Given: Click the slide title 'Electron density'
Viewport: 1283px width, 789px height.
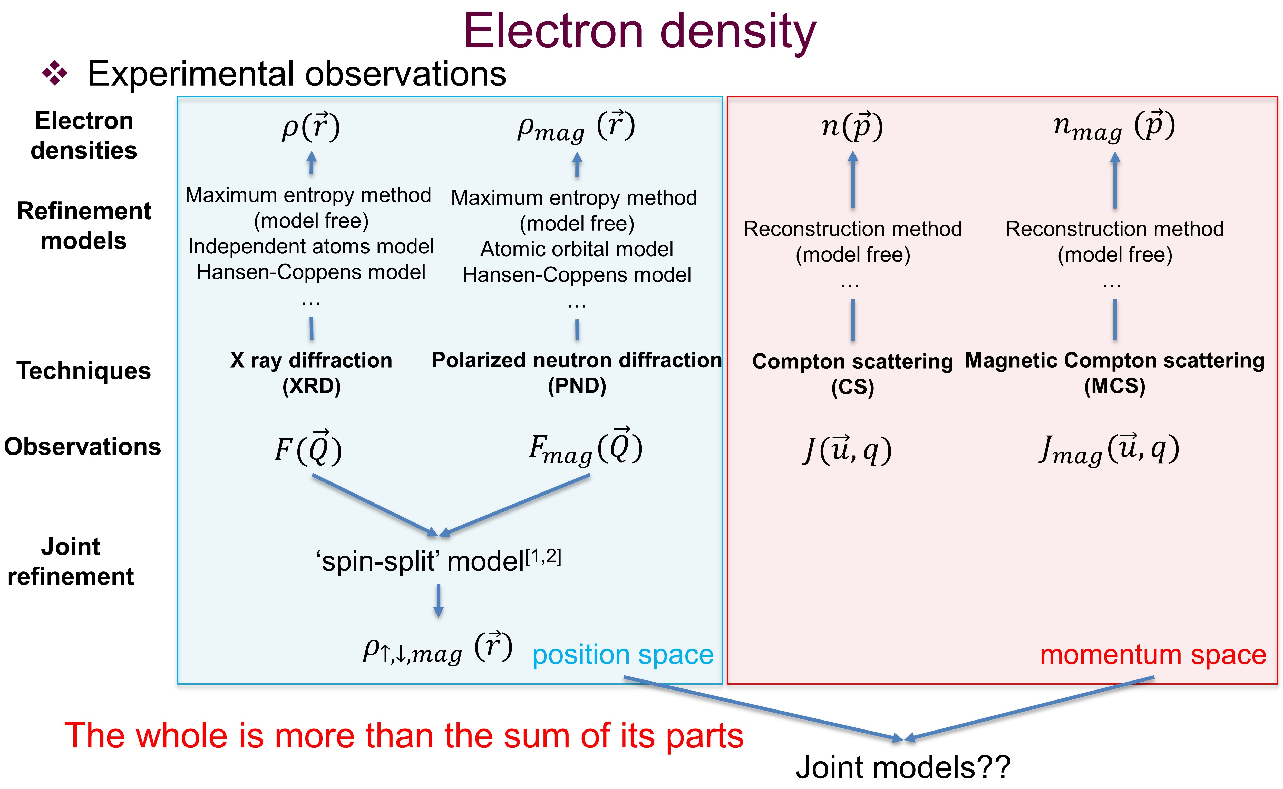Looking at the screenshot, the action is point(640,32).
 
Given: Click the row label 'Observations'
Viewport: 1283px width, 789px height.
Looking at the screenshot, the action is point(82,447).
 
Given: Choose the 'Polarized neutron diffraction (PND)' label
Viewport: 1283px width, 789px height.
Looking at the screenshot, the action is point(577,373).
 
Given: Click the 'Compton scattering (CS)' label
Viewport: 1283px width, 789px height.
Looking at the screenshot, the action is point(852,374).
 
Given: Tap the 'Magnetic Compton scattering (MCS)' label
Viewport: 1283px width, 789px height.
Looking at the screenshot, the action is point(1115,373).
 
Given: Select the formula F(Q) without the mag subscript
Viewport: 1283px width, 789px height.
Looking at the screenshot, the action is point(308,448).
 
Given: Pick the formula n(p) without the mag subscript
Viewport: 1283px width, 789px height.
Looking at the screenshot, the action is point(852,126).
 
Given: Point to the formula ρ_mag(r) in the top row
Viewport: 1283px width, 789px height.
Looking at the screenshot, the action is point(576,127).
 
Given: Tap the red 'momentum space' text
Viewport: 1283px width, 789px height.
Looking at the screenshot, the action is point(1153,655).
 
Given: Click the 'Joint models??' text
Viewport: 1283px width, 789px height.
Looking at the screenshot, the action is point(903,767).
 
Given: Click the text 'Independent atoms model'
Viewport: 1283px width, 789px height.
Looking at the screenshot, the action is point(311,246).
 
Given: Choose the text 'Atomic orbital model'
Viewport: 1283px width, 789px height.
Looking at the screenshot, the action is point(577,249).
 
